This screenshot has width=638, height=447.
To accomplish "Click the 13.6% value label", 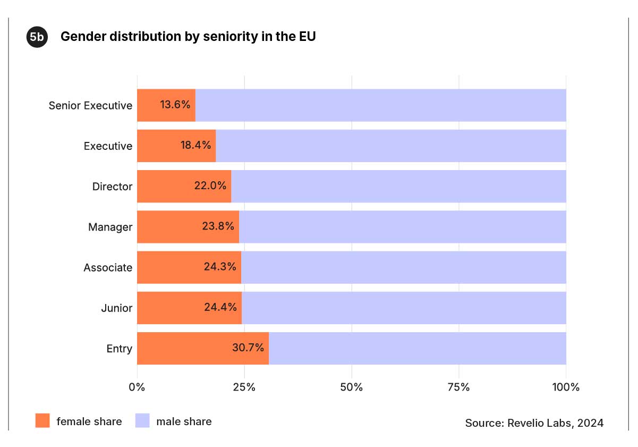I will pos(175,105).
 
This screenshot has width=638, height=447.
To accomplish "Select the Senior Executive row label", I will pos(90,105).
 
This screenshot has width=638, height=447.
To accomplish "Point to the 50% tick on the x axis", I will pos(351,387).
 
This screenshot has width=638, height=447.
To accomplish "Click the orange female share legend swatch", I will pos(42,421).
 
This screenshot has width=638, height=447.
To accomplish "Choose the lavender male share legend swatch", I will pos(142,421).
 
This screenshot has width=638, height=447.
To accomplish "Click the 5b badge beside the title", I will pos(37,37).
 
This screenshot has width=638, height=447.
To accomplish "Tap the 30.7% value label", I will pos(248,348).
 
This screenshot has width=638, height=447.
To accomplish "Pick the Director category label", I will pos(112,187).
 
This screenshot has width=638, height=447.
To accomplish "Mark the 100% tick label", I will pos(566,387).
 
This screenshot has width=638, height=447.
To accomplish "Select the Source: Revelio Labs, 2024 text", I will pos(534,423).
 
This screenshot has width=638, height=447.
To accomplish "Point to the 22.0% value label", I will pos(210,186).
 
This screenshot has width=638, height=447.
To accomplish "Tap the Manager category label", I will pos(110,227).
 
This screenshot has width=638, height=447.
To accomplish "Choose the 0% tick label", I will pos(137,387).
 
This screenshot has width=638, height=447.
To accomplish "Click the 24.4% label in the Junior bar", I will pos(220,307).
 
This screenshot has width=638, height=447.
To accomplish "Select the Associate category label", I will pos(108,268).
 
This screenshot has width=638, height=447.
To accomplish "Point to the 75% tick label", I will pos(458,387).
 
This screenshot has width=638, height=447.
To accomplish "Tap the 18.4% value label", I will pos(195,145).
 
